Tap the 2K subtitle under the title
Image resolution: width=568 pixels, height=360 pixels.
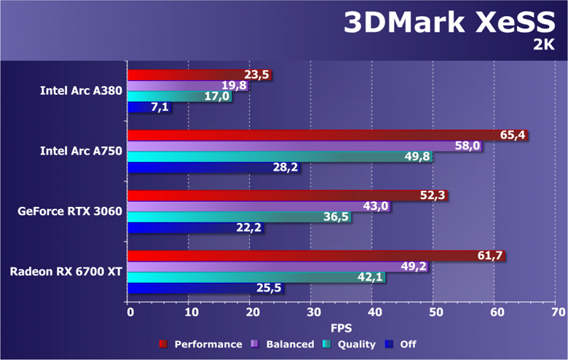(545, 46)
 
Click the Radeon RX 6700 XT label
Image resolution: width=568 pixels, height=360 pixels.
(66, 272)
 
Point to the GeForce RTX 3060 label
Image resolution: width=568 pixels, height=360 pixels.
(71, 212)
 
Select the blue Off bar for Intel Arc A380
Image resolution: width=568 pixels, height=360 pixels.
(138, 108)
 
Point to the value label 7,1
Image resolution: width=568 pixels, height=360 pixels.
(159, 108)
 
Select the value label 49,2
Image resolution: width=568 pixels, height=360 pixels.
(414, 267)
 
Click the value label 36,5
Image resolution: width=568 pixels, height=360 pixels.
(336, 217)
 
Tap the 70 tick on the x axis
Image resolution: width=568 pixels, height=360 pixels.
(558, 313)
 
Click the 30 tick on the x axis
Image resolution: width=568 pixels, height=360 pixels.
(312, 313)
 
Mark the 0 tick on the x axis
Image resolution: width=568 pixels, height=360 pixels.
(130, 313)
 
